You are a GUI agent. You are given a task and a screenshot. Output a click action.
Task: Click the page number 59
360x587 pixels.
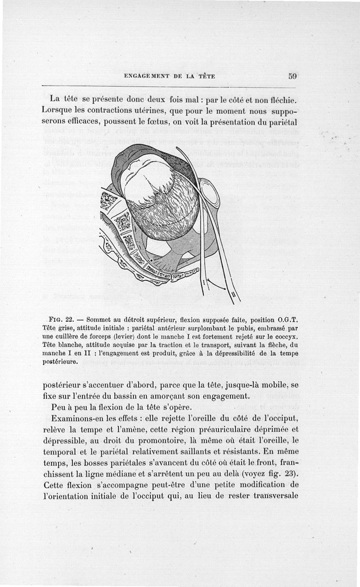pos(292,77)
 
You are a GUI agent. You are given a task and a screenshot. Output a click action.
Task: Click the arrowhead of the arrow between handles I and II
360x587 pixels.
pos(226,289)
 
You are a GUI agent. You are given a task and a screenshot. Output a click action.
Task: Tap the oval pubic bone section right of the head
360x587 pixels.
pos(210,194)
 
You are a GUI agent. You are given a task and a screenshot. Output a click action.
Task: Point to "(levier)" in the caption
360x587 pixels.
pos(130,337)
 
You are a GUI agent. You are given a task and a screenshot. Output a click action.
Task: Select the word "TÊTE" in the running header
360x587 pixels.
pos(205,77)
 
